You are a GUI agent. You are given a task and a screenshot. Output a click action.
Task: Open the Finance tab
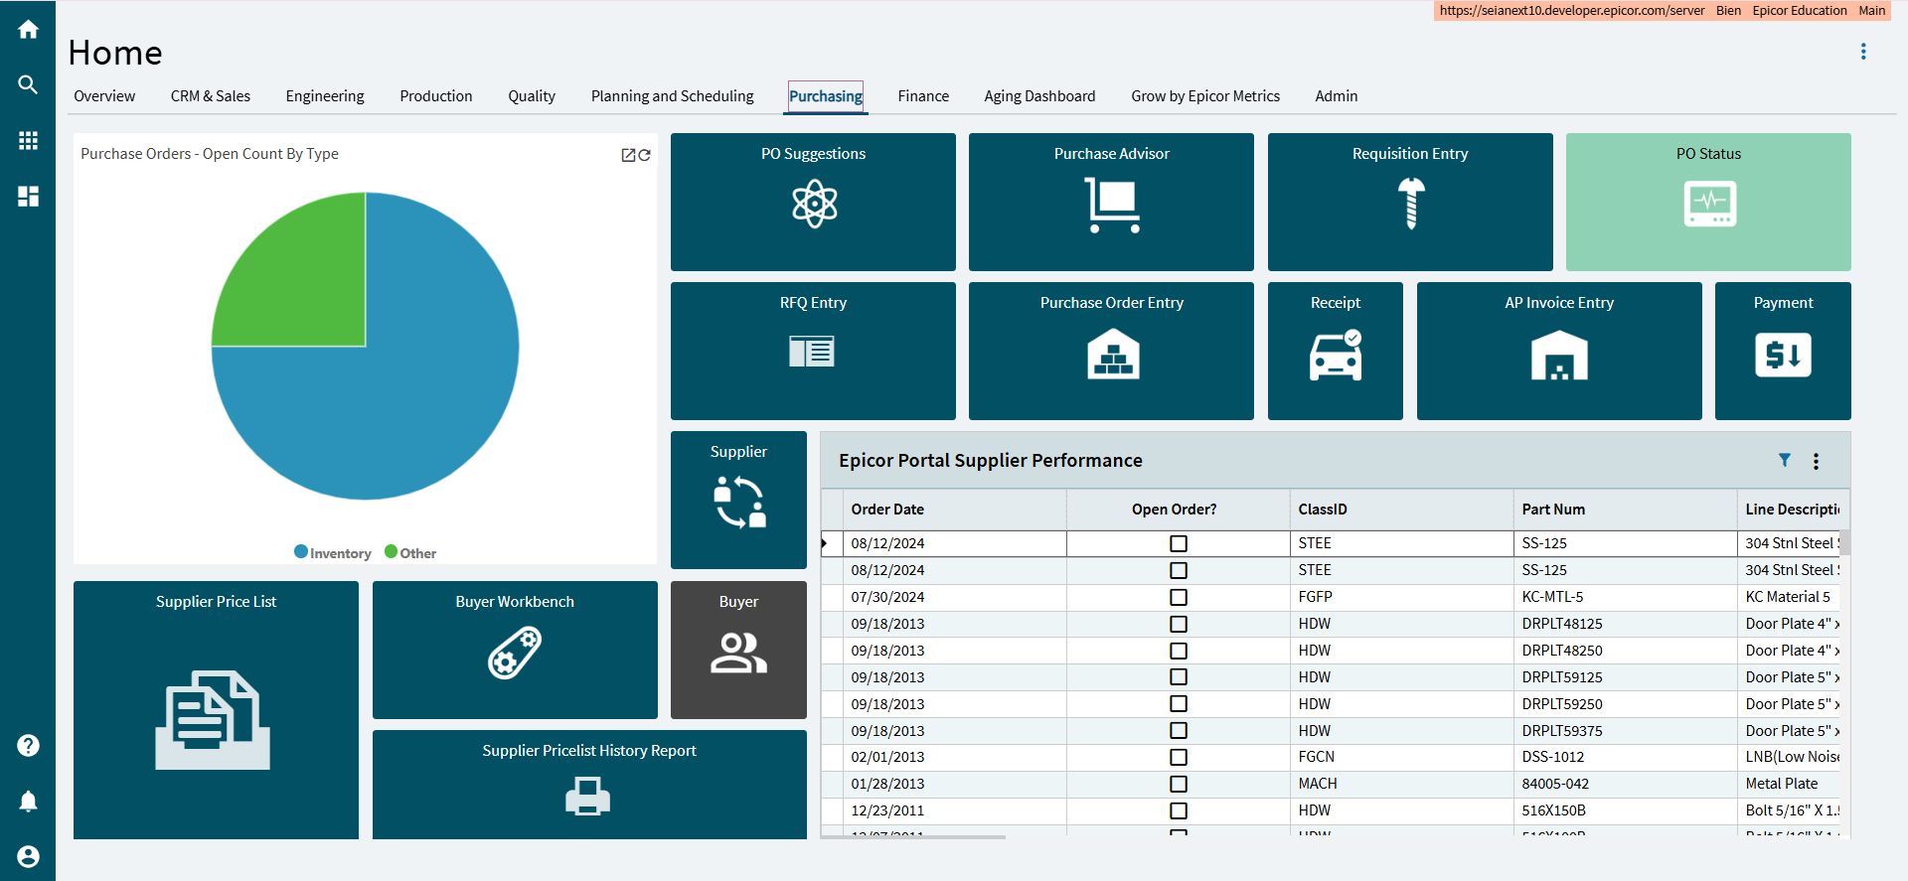click(923, 96)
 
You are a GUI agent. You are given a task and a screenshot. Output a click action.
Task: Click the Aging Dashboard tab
click(1039, 96)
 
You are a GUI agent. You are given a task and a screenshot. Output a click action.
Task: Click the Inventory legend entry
click(333, 553)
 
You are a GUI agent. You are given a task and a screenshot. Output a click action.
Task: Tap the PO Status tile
click(1708, 202)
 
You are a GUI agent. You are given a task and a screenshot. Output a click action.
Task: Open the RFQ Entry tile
click(813, 351)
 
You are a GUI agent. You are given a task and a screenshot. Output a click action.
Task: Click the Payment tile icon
click(1783, 356)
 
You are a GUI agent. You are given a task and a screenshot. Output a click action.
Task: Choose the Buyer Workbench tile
click(515, 650)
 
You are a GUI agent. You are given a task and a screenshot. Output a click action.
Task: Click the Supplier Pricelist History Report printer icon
click(588, 797)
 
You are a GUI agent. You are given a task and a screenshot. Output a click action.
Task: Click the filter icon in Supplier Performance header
click(1785, 460)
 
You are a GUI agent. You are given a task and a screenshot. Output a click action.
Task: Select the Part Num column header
click(1553, 510)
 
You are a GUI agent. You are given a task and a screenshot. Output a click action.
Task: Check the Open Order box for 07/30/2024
click(1179, 597)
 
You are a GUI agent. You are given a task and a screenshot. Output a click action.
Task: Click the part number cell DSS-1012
click(1553, 757)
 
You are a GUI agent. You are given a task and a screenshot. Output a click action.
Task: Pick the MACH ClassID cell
click(1318, 784)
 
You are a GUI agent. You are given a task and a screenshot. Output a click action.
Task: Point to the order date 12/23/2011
click(887, 810)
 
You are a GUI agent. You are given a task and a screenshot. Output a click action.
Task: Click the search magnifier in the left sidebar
click(28, 85)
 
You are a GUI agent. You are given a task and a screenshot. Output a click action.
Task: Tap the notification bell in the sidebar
click(28, 802)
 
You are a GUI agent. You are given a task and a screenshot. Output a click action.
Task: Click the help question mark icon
click(28, 745)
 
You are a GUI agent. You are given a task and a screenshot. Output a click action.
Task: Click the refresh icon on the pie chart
click(645, 155)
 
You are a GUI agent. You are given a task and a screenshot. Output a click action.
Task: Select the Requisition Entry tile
click(1410, 202)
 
